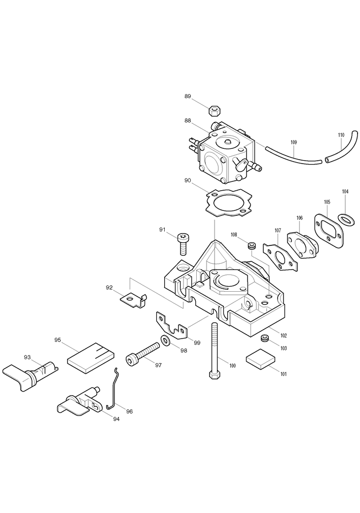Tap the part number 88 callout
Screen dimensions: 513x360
pos(188,120)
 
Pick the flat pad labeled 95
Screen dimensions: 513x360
pos(91,356)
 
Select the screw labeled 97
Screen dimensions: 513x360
pos(143,355)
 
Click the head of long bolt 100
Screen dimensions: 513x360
pos(215,375)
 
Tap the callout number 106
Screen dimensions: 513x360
pos(299,218)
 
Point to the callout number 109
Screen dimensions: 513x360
pos(293,142)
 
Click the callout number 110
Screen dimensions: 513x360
pos(341,135)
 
